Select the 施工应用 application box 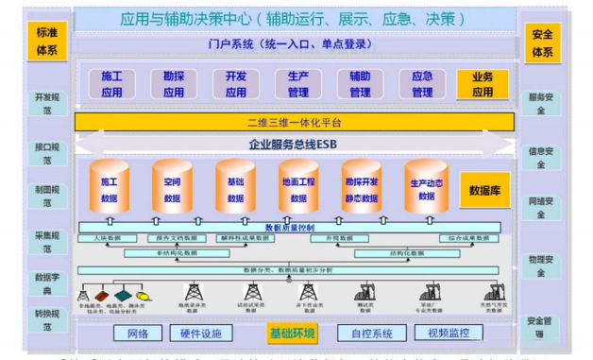[x=112, y=84]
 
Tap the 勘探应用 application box [x=174, y=84]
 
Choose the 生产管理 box [x=298, y=84]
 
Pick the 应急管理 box [x=421, y=84]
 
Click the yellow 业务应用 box [x=483, y=84]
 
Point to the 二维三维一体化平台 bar [x=294, y=123]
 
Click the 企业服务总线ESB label [x=294, y=143]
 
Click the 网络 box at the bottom [x=137, y=333]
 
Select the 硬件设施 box [x=201, y=333]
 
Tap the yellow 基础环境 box [x=292, y=333]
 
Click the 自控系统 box [x=371, y=333]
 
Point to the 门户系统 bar [x=294, y=43]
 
